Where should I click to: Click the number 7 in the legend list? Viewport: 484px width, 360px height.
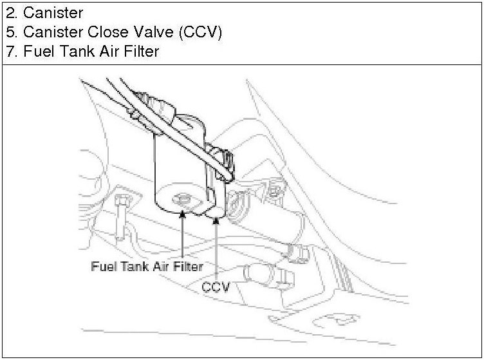(x=9, y=52)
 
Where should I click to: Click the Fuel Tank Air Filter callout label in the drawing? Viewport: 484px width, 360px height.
(x=147, y=265)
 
